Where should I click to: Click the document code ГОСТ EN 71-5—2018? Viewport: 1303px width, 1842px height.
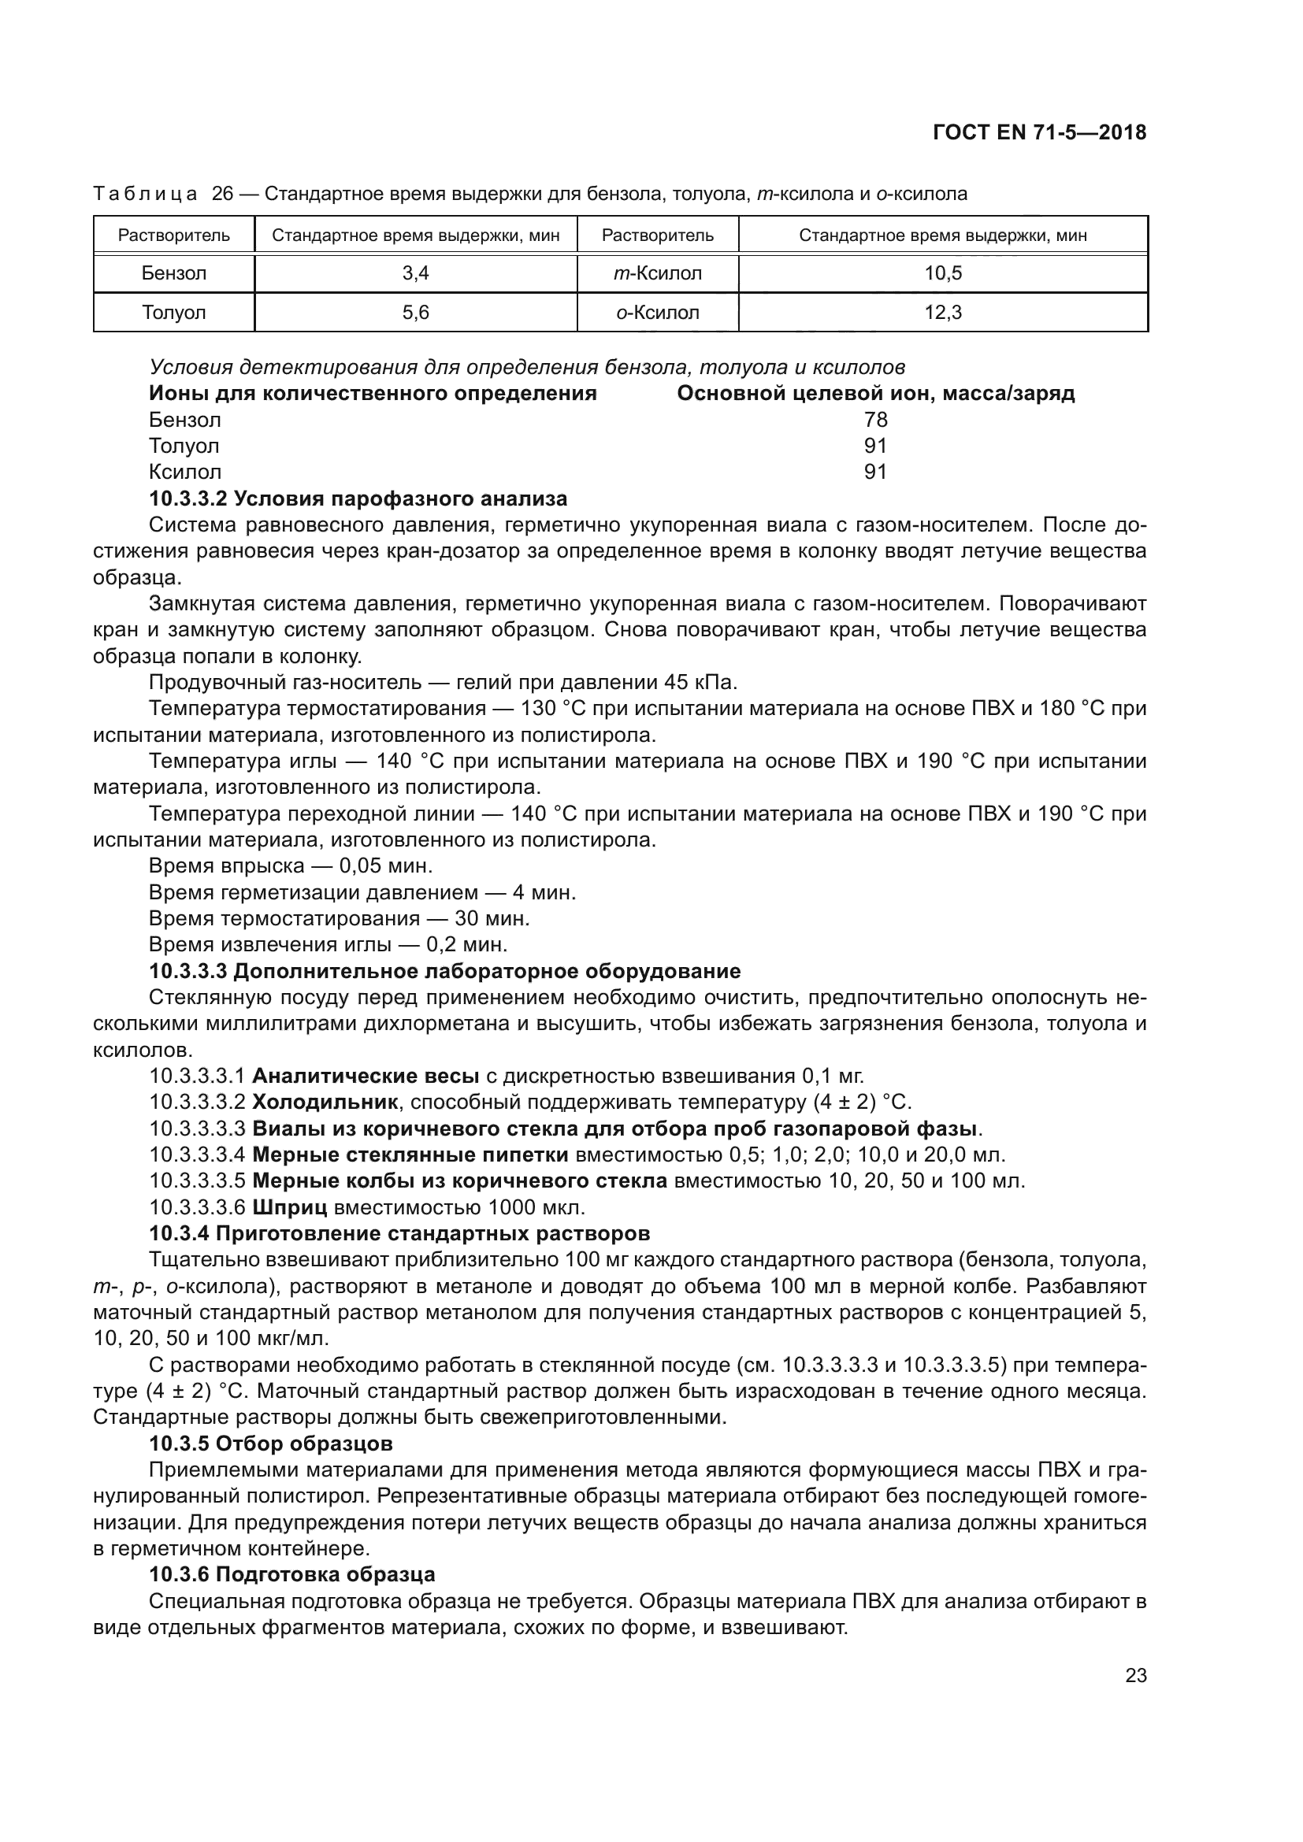[x=1039, y=133]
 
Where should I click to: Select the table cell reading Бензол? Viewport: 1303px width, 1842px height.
[x=174, y=273]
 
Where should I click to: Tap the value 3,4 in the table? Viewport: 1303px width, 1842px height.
[x=416, y=273]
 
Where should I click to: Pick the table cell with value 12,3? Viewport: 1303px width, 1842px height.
[x=943, y=312]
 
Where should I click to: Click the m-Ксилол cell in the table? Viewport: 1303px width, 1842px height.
[x=657, y=273]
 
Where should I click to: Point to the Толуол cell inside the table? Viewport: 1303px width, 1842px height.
[x=174, y=312]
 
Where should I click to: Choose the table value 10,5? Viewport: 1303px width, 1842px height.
[x=943, y=273]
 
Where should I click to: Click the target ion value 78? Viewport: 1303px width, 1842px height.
[x=875, y=420]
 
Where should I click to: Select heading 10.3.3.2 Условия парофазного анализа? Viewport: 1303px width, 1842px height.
[x=358, y=498]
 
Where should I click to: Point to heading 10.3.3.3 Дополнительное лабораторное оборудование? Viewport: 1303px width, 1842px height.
[x=444, y=971]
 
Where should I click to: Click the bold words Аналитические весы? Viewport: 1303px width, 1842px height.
[x=366, y=1076]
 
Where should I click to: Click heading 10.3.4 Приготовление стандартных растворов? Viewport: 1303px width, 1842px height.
[x=399, y=1233]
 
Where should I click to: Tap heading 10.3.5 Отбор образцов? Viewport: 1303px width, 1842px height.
[x=271, y=1444]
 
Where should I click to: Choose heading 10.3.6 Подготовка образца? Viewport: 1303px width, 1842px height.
[x=292, y=1575]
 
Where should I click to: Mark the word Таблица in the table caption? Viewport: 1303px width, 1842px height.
[x=145, y=195]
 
